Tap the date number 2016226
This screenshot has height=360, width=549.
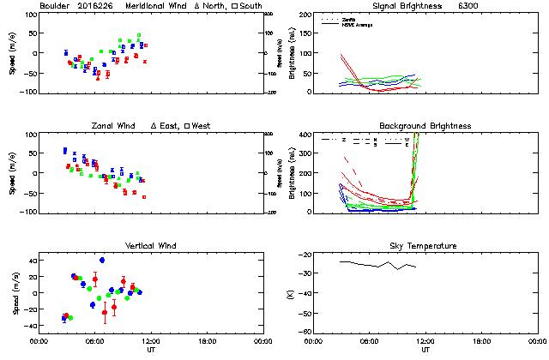pos(100,6)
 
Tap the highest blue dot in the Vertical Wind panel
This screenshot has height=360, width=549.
pos(102,260)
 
